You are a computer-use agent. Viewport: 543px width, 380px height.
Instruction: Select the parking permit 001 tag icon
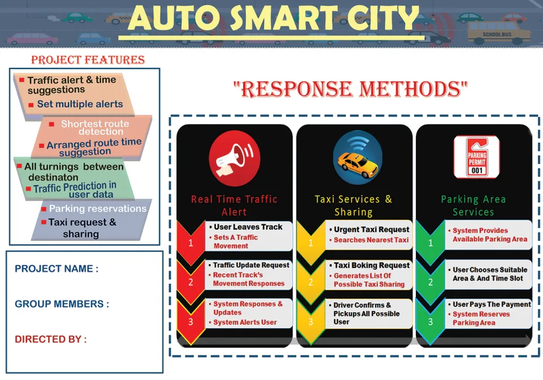click(x=476, y=157)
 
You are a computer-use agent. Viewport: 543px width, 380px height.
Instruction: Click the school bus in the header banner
click(x=499, y=32)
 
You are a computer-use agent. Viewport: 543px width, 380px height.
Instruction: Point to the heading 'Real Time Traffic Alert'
click(x=234, y=205)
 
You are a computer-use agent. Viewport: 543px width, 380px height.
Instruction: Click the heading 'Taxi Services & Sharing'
click(x=354, y=205)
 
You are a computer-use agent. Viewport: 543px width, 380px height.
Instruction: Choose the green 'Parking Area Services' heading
click(x=473, y=205)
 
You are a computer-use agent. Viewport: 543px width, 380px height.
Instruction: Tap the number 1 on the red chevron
click(x=191, y=243)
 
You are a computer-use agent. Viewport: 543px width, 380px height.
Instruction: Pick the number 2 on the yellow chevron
click(x=311, y=282)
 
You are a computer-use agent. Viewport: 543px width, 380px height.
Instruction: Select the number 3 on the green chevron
click(x=430, y=322)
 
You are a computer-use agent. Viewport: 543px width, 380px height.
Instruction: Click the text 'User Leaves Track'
click(x=248, y=227)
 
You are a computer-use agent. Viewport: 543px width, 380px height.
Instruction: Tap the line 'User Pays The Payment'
click(x=489, y=305)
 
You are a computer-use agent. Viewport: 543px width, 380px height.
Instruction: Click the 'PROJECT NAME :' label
click(x=57, y=269)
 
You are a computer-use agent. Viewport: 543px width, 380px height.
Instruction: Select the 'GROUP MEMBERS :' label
click(x=62, y=304)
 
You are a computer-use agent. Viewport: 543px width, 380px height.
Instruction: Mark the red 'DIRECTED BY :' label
click(x=50, y=339)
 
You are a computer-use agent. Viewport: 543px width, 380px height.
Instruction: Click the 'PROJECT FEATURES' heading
click(x=88, y=60)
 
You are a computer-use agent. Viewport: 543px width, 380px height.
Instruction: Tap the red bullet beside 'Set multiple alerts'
click(x=31, y=105)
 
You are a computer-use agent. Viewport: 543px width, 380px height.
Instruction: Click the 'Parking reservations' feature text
click(x=98, y=208)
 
